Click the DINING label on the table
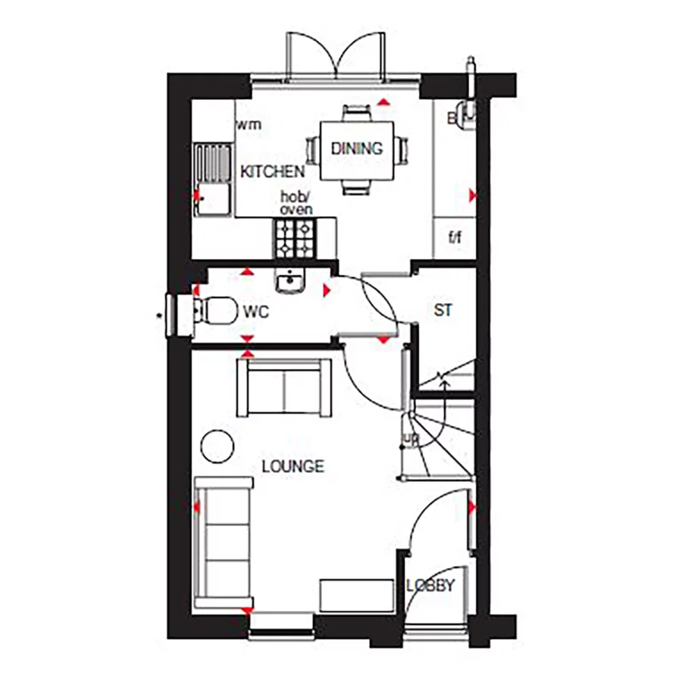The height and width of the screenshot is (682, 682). click(356, 149)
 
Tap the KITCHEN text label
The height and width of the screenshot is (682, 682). click(273, 173)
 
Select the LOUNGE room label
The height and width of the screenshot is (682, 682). click(293, 466)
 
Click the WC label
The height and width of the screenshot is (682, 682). click(256, 311)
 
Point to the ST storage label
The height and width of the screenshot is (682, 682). click(443, 311)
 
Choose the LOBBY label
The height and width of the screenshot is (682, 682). click(430, 586)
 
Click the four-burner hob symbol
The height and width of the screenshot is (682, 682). click(294, 237)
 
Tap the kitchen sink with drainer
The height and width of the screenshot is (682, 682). click(212, 180)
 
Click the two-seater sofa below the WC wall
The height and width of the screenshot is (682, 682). click(284, 386)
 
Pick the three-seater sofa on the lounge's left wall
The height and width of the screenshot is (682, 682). click(223, 543)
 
